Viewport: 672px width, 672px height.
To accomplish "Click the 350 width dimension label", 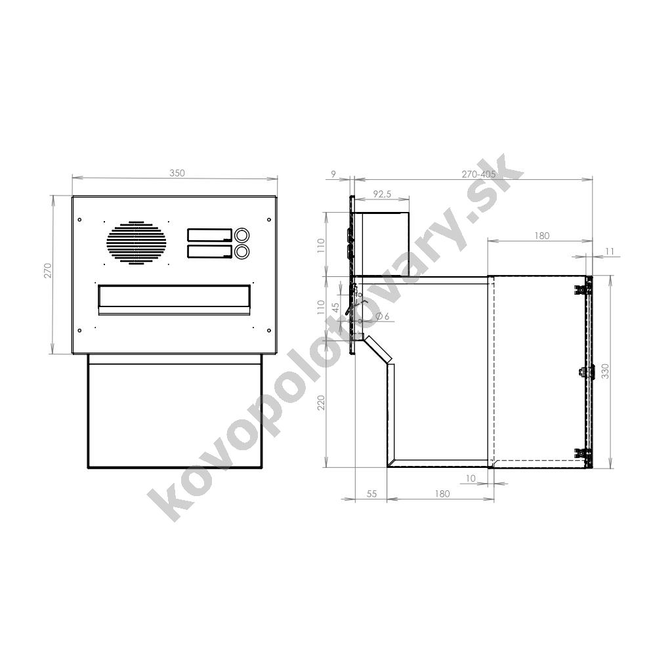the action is [177, 173].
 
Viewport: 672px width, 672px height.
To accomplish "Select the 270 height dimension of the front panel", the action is [47, 270].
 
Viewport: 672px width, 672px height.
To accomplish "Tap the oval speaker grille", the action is [136, 243].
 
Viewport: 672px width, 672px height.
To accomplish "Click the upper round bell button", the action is [241, 236].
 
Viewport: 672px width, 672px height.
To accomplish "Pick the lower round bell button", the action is [241, 251].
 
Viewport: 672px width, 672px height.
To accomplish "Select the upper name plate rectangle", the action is [209, 236].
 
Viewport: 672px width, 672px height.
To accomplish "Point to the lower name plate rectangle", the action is [209, 251].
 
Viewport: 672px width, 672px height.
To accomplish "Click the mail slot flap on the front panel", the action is [174, 299].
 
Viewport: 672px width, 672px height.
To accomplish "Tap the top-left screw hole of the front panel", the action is [79, 220].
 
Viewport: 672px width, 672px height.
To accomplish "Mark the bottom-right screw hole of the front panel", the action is [268, 330].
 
